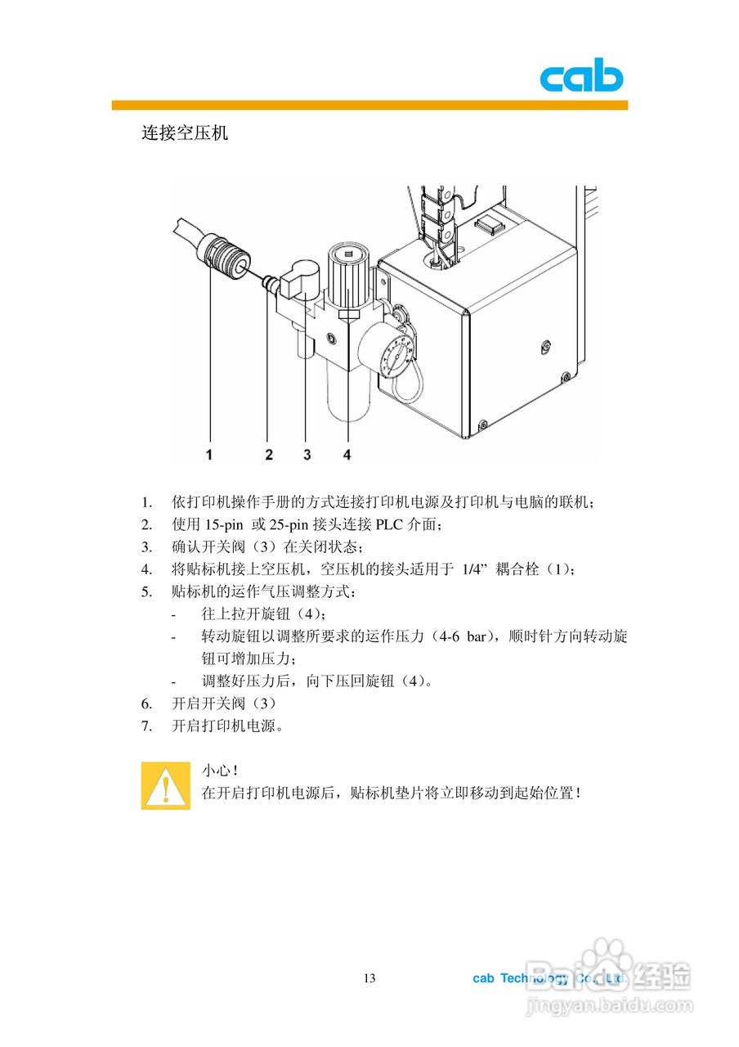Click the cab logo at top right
581,79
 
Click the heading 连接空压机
185,133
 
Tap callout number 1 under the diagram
209,454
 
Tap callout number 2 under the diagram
269,454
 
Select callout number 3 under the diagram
307,454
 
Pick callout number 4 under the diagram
347,454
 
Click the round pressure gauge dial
394,354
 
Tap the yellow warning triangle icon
165,786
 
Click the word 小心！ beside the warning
220,771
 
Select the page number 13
369,978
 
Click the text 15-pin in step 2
223,524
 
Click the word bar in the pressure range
477,636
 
